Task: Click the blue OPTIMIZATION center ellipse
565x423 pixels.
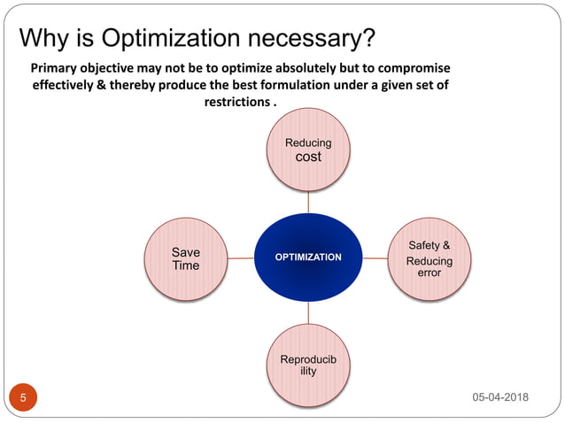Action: pos(308,258)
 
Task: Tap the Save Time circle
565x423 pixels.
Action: pos(186,258)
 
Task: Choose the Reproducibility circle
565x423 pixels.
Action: pos(308,365)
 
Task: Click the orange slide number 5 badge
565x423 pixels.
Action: pos(23,397)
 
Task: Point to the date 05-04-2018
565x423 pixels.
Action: pos(500,397)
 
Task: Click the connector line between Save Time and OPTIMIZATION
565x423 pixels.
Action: pos(241,258)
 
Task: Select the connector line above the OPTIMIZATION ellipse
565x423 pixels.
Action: pos(308,203)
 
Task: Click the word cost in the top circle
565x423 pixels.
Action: pos(308,157)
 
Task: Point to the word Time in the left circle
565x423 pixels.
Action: pos(186,265)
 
